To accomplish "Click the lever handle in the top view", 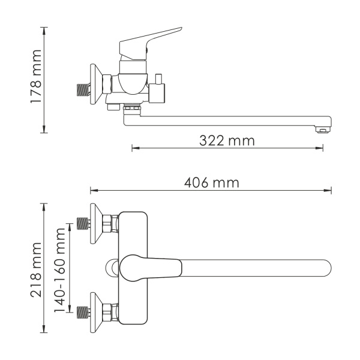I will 150,266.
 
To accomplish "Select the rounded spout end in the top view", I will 324,268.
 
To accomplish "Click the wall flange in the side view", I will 95,84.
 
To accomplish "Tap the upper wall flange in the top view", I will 95,224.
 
